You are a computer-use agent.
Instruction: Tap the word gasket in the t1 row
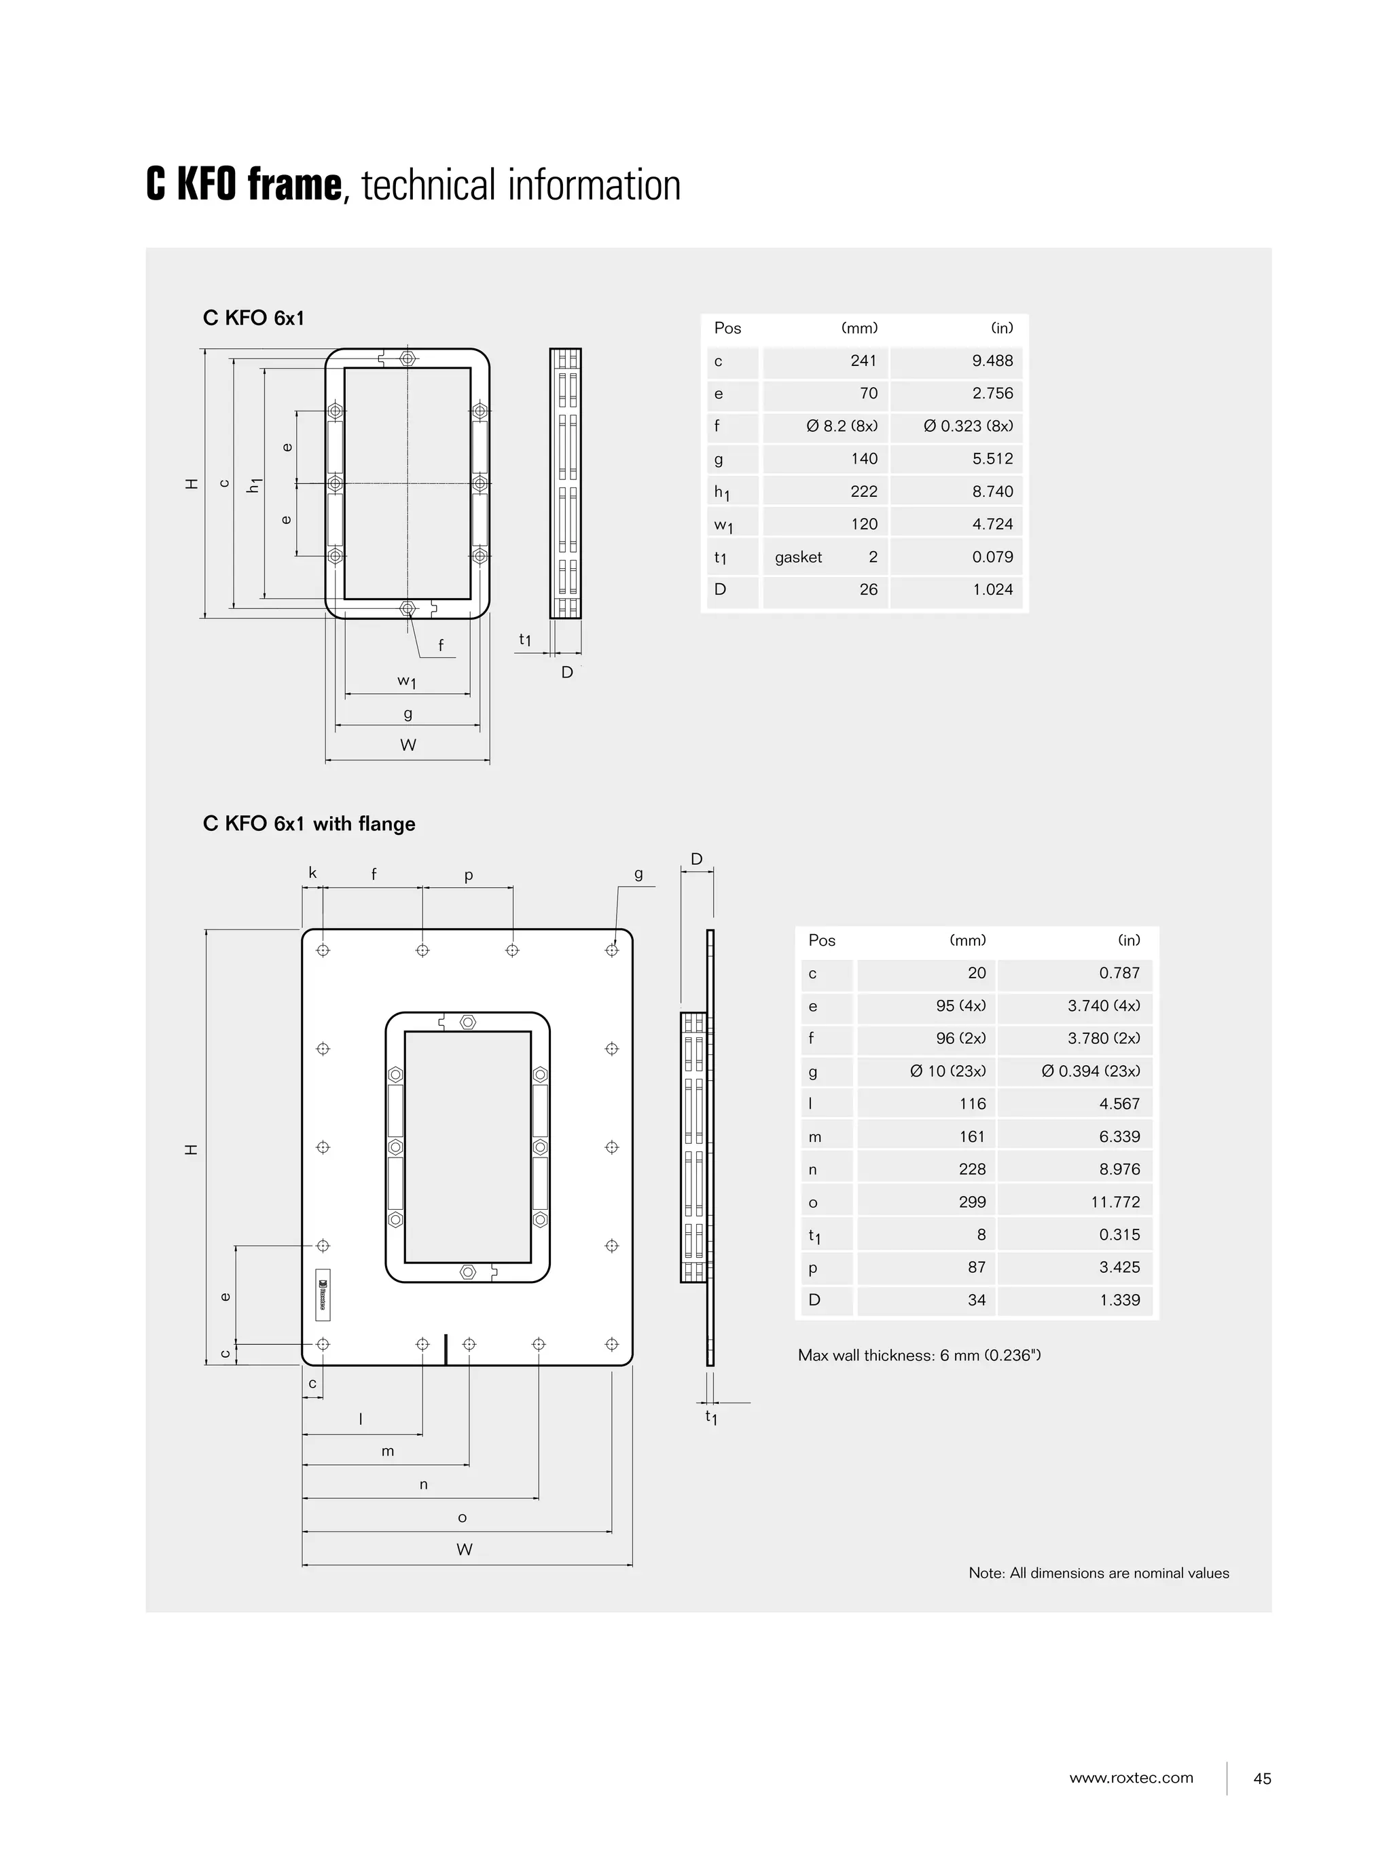tap(797, 557)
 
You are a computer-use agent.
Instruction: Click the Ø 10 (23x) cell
tap(947, 1071)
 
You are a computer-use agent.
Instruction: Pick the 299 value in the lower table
tap(972, 1202)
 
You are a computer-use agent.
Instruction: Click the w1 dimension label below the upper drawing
tap(407, 681)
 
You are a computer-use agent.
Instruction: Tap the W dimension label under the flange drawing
tap(465, 1550)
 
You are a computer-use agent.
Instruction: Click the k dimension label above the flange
tap(312, 873)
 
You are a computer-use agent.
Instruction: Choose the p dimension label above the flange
tap(469, 875)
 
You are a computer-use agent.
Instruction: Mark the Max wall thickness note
tap(919, 1355)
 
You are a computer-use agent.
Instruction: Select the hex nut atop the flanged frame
tap(468, 1022)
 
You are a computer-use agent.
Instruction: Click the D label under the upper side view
tap(567, 672)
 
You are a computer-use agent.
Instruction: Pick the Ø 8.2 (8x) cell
tap(842, 426)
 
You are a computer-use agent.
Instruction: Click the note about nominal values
tap(1098, 1573)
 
